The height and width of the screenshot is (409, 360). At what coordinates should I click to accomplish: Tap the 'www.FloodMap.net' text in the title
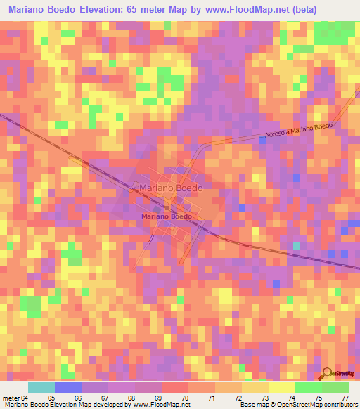point(236,10)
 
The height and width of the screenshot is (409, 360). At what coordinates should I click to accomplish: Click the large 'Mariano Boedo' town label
point(171,188)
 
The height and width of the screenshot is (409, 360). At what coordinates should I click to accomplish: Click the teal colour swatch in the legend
point(41,387)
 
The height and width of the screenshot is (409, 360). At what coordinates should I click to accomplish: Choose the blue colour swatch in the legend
point(67,387)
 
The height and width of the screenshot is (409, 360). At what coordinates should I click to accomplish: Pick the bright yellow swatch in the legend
point(281,387)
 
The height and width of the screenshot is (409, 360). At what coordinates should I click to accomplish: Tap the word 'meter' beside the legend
point(11,397)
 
